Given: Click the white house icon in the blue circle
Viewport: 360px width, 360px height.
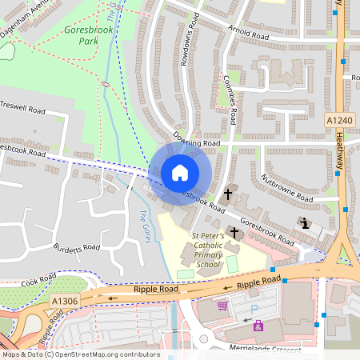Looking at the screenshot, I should coord(180,172).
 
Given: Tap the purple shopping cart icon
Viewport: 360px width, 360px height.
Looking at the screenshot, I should coord(222,305).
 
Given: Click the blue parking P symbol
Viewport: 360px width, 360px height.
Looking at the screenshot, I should coord(254,309).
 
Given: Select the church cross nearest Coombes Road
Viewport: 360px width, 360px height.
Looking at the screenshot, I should coord(227,194).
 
